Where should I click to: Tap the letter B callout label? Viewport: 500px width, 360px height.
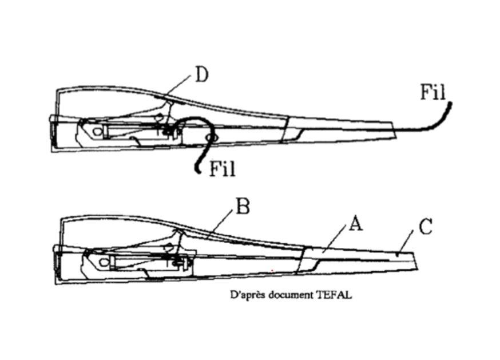(x=243, y=206)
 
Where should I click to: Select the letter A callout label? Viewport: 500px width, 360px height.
(x=356, y=223)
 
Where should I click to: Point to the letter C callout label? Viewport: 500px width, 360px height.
(x=426, y=227)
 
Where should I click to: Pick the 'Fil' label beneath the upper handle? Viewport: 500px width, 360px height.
(x=223, y=168)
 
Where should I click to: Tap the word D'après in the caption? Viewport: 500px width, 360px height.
(x=248, y=295)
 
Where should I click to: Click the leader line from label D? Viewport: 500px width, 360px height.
(x=178, y=85)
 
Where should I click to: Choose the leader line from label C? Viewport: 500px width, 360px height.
(x=406, y=242)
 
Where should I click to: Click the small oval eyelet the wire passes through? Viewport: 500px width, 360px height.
(x=211, y=137)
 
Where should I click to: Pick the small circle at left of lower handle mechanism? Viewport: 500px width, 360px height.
(x=103, y=262)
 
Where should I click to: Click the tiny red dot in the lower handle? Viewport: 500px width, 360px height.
(x=272, y=271)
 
